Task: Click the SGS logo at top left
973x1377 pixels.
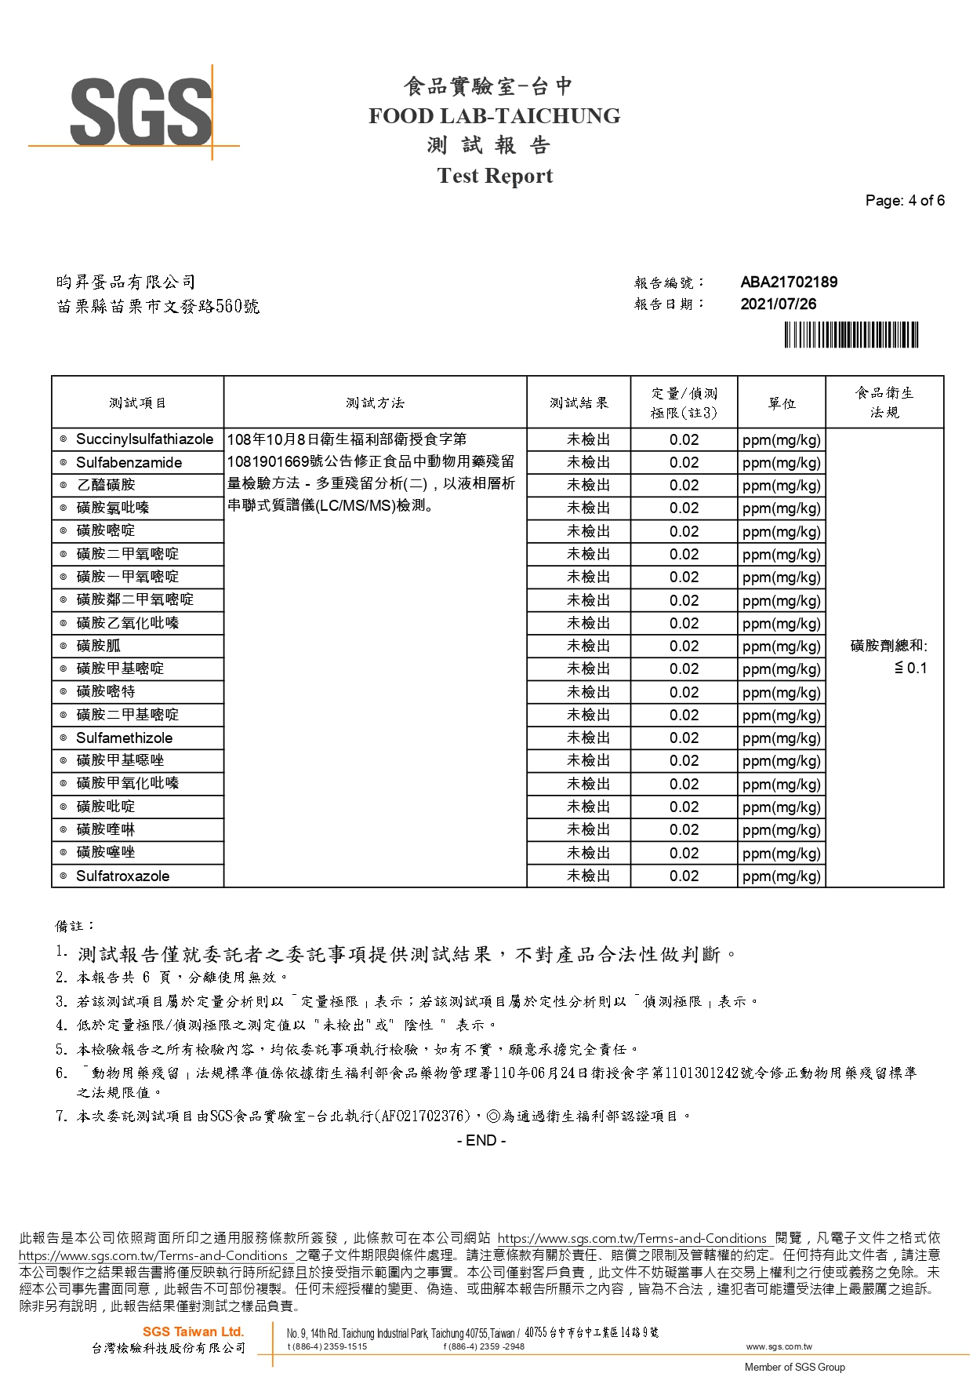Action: [141, 111]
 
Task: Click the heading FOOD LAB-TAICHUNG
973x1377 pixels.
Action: [494, 116]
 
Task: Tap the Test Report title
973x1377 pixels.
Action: [495, 176]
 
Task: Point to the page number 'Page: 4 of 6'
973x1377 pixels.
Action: [904, 201]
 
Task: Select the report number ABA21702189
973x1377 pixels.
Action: [788, 282]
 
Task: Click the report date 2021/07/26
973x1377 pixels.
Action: [778, 304]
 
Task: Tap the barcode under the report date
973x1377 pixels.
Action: [851, 335]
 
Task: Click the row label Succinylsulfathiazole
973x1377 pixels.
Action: [144, 439]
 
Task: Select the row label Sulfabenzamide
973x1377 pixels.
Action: [129, 463]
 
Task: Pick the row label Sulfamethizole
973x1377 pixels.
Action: [124, 738]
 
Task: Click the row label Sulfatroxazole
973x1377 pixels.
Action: [122, 876]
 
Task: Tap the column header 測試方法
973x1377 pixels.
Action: [375, 403]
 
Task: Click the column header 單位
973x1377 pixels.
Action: [781, 403]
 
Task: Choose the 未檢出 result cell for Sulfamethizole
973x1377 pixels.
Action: [588, 738]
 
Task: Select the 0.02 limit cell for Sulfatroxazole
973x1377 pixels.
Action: [684, 876]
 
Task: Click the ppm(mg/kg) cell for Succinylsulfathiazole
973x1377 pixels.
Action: [781, 440]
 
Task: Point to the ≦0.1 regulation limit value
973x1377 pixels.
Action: [910, 668]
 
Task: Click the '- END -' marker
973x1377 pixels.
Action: [481, 1141]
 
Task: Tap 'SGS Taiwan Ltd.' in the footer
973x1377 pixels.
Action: [193, 1331]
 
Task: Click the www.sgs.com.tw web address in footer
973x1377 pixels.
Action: [773, 1346]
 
